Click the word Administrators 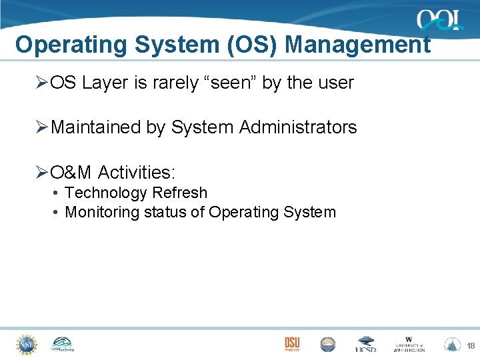click(x=298, y=127)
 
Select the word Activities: click(x=137, y=172)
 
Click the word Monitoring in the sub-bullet click(x=102, y=212)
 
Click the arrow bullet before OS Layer click(x=41, y=83)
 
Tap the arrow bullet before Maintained click(x=41, y=127)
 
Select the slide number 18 click(x=470, y=345)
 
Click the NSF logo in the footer click(x=26, y=344)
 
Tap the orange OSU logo click(x=292, y=343)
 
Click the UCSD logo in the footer click(x=365, y=344)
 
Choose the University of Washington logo click(x=409, y=344)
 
